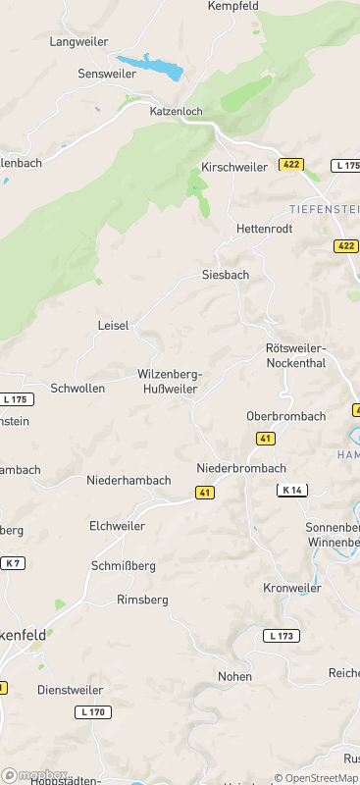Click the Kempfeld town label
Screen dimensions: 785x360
[x=234, y=6]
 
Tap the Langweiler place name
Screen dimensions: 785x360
[x=77, y=42]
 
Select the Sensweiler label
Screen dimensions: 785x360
[x=107, y=74]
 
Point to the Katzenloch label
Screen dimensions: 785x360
[x=176, y=112]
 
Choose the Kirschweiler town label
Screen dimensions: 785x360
[x=233, y=167]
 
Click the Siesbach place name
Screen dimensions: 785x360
[x=226, y=275]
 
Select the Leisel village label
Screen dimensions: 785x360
[x=113, y=326]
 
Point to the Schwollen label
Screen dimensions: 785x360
[x=77, y=389]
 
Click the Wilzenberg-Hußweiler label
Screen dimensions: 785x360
[x=170, y=382]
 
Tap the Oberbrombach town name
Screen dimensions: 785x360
[x=285, y=416]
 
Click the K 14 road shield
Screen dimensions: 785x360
[x=291, y=490]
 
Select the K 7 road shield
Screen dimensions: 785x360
[x=12, y=563]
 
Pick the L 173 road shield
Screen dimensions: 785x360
[x=281, y=636]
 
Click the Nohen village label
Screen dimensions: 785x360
[x=234, y=677]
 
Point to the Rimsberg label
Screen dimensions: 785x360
[x=142, y=600]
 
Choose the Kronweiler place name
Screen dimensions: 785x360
[x=292, y=588]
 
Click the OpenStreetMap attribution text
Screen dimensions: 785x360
[x=318, y=778]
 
